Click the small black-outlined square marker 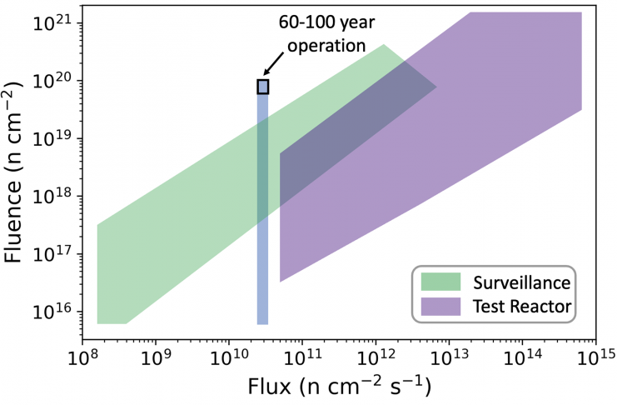click(263, 86)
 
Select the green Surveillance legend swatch click(440, 279)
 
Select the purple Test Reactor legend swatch click(440, 306)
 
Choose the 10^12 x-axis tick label click(376, 359)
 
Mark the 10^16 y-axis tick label click(51, 312)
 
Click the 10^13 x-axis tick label click(448, 359)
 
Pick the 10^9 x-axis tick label click(155, 359)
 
